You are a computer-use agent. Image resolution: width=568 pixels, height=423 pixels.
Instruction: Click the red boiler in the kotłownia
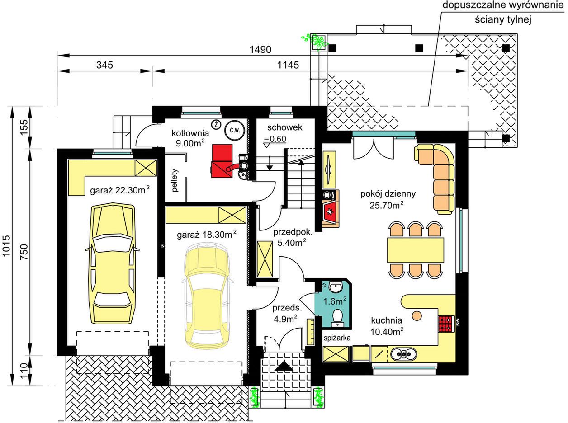(x=222, y=161)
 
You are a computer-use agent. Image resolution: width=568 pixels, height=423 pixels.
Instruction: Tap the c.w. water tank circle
(x=235, y=130)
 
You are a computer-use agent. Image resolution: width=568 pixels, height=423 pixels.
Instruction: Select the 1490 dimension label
(x=260, y=49)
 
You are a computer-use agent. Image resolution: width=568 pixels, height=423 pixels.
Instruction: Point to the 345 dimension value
(x=104, y=65)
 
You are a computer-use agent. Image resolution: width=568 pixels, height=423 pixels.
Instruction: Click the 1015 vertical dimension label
(x=6, y=246)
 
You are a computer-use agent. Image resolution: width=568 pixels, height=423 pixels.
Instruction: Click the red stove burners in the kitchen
(x=445, y=324)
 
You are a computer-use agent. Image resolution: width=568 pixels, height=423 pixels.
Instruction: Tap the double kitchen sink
(x=403, y=354)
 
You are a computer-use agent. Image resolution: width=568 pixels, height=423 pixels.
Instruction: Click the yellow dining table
(x=415, y=250)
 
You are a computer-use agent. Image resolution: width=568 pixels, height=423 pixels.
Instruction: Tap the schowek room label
(x=284, y=127)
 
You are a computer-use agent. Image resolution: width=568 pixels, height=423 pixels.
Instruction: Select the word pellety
(x=175, y=180)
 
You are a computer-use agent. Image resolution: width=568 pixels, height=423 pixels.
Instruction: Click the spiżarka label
(x=337, y=338)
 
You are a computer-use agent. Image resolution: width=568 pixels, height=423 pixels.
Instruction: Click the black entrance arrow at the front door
(x=284, y=366)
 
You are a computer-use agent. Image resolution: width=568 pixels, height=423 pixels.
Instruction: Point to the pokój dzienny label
(x=388, y=194)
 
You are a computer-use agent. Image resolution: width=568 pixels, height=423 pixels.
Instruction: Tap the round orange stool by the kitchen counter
(x=417, y=316)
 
